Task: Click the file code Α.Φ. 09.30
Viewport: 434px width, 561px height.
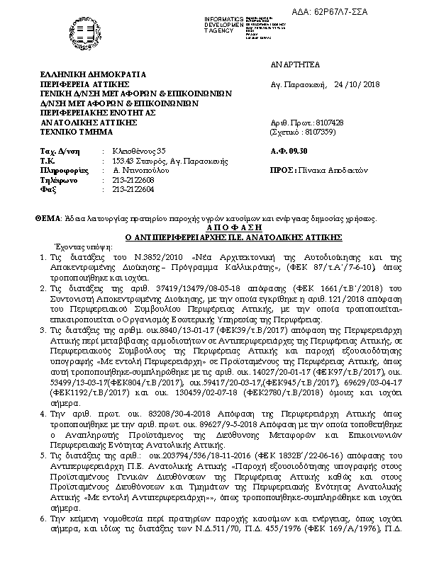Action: click(x=288, y=151)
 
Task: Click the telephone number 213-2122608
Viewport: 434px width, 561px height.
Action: click(x=124, y=180)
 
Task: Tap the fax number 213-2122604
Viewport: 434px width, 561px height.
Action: click(x=124, y=189)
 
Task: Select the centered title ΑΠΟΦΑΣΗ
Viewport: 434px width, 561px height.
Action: click(x=216, y=229)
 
